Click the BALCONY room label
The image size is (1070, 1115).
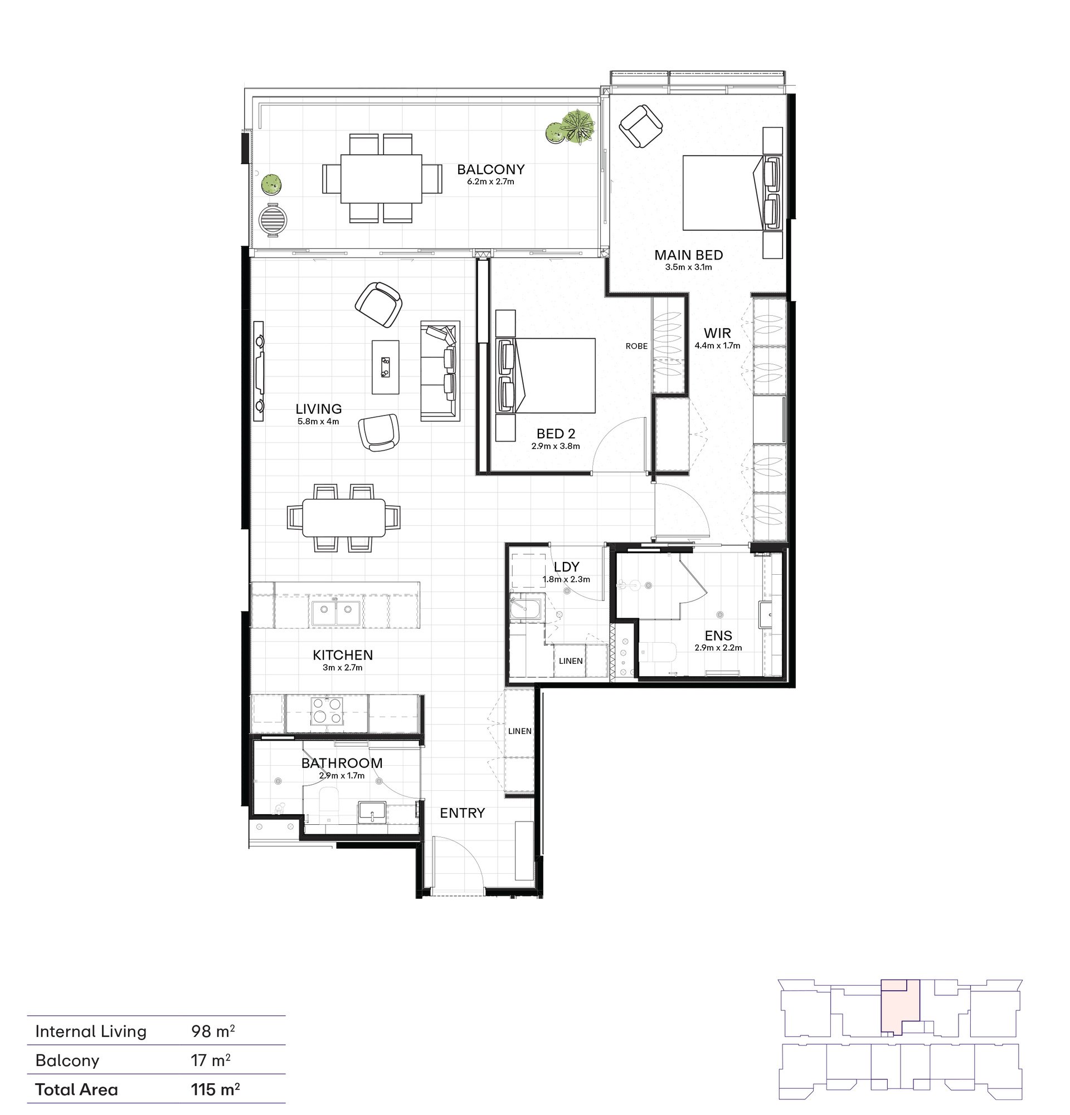[x=490, y=169]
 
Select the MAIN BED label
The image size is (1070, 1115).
[x=689, y=255]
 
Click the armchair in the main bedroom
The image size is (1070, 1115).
[x=641, y=125]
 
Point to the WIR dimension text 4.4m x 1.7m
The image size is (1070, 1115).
[x=717, y=345]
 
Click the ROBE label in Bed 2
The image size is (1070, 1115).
[x=636, y=346]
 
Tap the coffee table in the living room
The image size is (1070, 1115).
[x=385, y=367]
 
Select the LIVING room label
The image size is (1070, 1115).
[x=319, y=408]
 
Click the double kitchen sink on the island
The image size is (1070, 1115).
[x=336, y=612]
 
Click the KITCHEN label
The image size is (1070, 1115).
[x=343, y=655]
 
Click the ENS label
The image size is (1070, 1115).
[x=718, y=635]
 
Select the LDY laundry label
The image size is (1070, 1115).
[x=566, y=566]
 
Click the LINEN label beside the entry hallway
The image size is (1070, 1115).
[x=519, y=731]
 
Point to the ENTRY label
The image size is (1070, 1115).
[x=462, y=813]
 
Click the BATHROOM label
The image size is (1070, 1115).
[x=342, y=763]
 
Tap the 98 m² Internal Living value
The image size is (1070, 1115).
[x=213, y=1031]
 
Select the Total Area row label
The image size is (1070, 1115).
[x=76, y=1089]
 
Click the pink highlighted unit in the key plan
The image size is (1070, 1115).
[x=900, y=1007]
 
